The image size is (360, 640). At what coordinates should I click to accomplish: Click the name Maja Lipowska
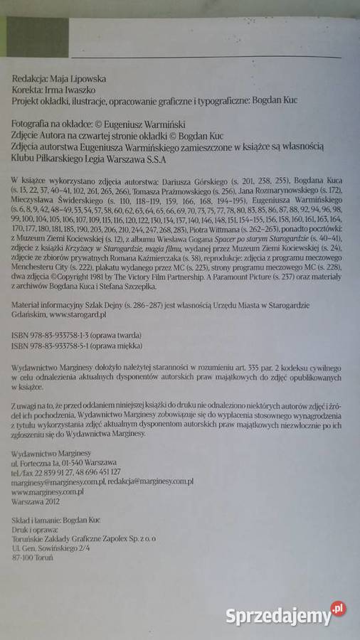pyautogui.click(x=85, y=79)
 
